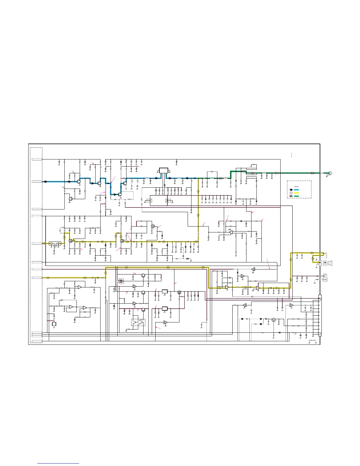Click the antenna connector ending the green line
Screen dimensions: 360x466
click(330, 173)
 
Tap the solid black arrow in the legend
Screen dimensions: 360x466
click(291, 190)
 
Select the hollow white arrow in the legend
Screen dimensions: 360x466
click(291, 193)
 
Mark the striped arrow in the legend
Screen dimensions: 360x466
click(291, 196)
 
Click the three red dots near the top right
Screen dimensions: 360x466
click(291, 155)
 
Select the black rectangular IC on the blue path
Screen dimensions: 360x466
click(164, 171)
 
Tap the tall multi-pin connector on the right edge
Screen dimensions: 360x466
click(320, 315)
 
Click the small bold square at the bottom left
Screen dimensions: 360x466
click(54, 324)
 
